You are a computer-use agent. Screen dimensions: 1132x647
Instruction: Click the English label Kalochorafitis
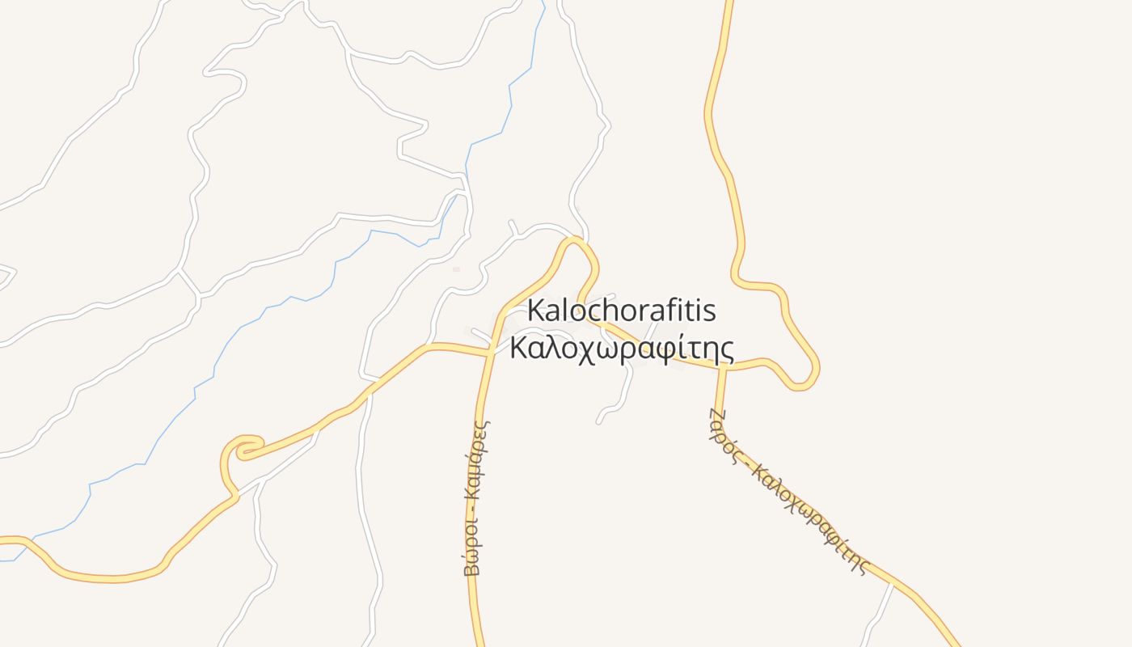pyautogui.click(x=622, y=311)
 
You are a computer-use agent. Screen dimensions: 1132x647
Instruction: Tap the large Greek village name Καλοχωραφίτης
pyautogui.click(x=622, y=349)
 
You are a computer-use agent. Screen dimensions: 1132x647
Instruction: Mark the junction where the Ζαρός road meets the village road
pyautogui.click(x=722, y=368)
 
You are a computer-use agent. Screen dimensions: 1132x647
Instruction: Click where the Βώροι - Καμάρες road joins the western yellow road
pyautogui.click(x=491, y=351)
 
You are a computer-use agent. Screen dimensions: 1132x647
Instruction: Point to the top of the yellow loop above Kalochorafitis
pyautogui.click(x=575, y=240)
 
